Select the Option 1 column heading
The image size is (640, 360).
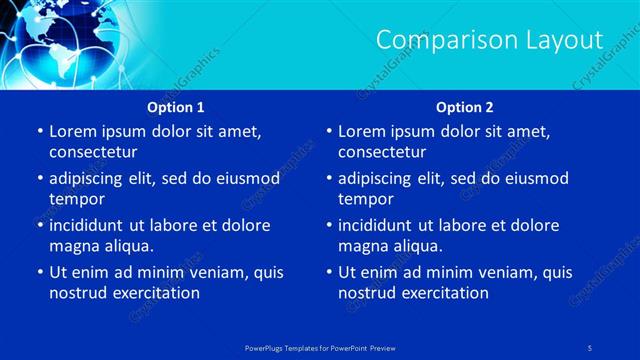[176, 106]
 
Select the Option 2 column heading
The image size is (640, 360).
[465, 106]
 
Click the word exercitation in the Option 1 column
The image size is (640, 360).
[154, 293]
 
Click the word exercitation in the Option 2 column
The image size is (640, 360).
[443, 293]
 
